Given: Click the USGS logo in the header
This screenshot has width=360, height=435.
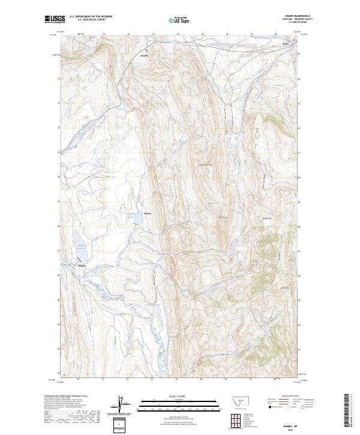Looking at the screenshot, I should tap(53, 19).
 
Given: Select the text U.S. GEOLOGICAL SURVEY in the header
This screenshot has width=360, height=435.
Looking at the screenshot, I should tap(91, 20).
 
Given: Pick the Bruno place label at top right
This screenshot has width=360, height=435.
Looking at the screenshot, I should tap(286, 44).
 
